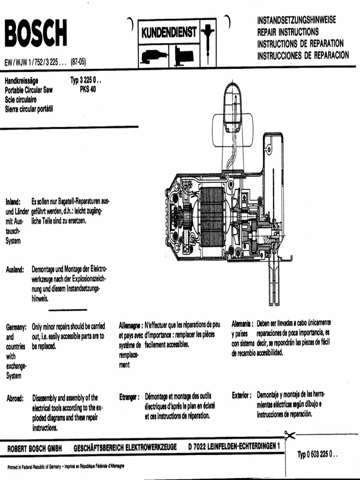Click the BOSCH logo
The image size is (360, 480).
[36, 33]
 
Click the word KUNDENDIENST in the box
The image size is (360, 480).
[169, 32]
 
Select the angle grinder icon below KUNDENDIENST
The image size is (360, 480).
[154, 56]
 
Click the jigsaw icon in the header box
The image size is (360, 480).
[184, 56]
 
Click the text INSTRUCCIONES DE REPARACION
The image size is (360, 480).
[303, 55]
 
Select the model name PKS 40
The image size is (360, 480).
[88, 90]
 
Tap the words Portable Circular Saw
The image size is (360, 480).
[29, 90]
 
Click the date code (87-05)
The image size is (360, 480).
[78, 62]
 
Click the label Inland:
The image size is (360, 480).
[13, 202]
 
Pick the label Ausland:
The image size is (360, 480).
[15, 270]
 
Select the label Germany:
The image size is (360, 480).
[16, 327]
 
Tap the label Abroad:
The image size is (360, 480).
[15, 398]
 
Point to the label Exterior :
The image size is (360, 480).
[241, 395]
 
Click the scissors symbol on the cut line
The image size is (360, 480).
[289, 435]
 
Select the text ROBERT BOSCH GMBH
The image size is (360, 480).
[35, 449]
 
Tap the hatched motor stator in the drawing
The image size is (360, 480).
[212, 217]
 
